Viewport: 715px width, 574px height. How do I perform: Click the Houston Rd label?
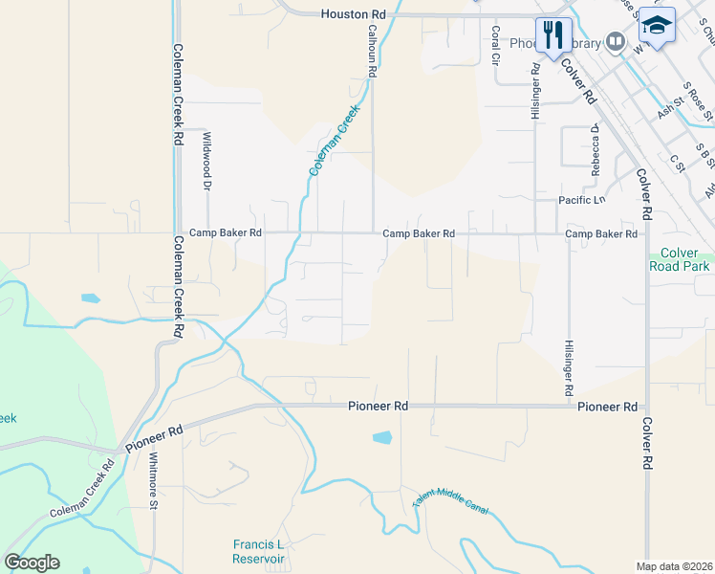[353, 14]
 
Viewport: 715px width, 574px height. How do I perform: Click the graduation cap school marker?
[657, 26]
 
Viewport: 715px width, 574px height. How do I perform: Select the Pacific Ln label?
[582, 201]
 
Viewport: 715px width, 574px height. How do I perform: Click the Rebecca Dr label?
[595, 149]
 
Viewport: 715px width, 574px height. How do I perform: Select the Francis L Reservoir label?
[259, 551]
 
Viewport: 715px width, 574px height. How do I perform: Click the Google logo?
[32, 563]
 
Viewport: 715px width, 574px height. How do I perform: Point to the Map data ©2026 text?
[675, 566]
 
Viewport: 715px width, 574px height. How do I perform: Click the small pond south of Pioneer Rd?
[381, 438]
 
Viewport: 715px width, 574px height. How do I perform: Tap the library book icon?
[616, 43]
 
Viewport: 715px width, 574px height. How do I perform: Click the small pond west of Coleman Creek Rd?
[90, 298]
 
